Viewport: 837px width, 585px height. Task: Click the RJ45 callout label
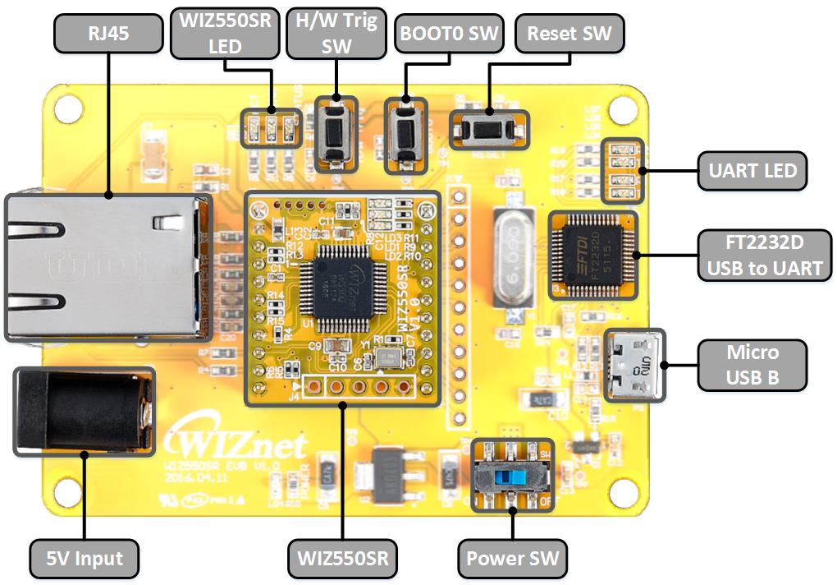108,34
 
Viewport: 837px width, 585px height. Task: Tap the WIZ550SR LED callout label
225,34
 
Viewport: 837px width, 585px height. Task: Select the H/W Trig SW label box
336,34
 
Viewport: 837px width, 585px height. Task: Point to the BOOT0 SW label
449,34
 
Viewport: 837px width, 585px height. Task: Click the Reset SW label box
569,34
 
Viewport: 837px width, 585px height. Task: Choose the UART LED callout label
752,171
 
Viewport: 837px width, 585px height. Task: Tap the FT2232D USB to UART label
763,256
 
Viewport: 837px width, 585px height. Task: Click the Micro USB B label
752,365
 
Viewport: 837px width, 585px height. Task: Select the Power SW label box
512,560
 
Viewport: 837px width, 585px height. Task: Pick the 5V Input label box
85,560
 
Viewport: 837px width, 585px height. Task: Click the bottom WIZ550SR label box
343,560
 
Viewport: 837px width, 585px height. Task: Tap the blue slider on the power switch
518,477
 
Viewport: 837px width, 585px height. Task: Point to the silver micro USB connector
633,366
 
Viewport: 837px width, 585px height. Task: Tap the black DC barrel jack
82,411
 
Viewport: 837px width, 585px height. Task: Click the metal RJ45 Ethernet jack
103,267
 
